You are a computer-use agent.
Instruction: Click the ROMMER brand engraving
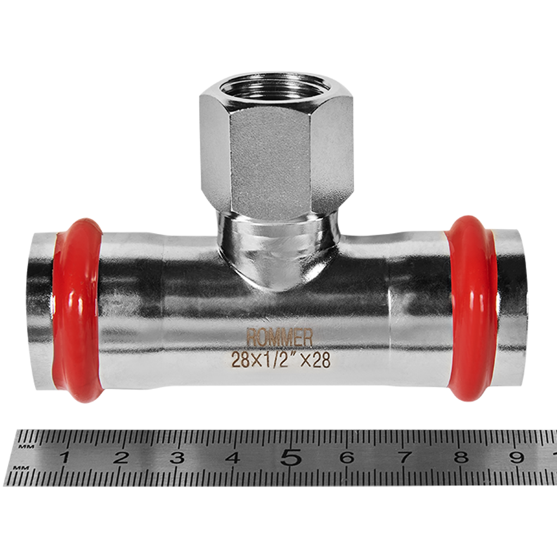280,338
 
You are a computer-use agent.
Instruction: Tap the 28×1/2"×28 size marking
281,360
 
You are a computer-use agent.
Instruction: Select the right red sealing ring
472,308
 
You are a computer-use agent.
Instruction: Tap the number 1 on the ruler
65,457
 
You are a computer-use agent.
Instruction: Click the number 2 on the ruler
121,457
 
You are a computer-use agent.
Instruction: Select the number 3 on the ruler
177,457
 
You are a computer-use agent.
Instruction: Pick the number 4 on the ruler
233,457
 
